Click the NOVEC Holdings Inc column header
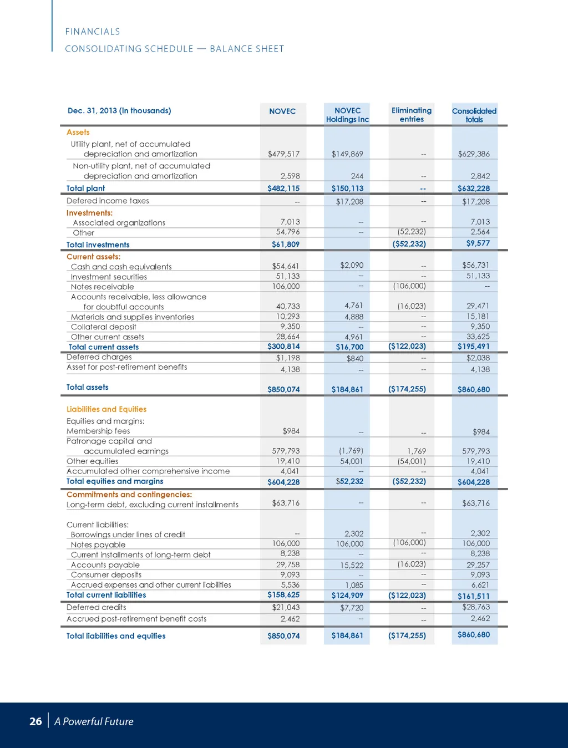point(347,115)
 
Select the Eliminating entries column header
point(412,115)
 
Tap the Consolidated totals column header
point(474,115)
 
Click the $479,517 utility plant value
point(283,154)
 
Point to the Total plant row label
point(85,189)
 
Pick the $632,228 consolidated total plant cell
point(474,189)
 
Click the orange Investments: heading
point(89,213)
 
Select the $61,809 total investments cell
point(286,244)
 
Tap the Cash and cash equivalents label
point(121,267)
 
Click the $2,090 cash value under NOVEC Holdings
point(352,265)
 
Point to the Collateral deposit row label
point(103,327)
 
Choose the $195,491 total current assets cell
point(474,347)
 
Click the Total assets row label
point(87,387)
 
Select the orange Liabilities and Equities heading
point(106,409)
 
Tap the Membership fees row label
point(98,431)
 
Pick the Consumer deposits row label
point(106,574)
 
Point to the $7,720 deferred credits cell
point(352,608)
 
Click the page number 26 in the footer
point(35,721)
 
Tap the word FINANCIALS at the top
point(93,32)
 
